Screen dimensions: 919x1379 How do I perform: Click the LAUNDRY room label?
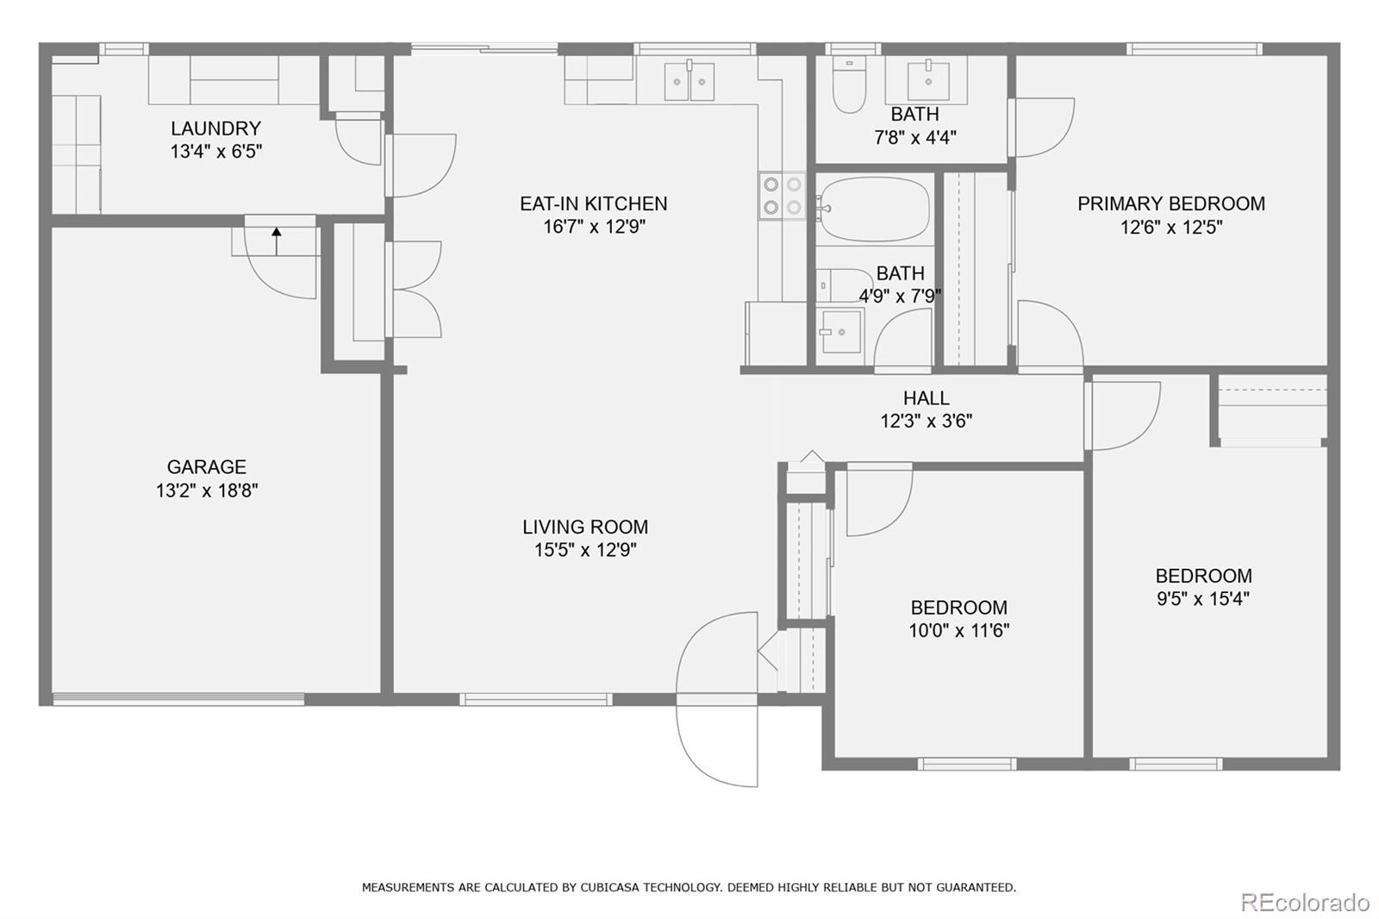click(215, 128)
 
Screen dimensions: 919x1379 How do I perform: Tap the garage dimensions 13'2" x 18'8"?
click(206, 491)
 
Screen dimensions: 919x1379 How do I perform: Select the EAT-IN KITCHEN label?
click(593, 203)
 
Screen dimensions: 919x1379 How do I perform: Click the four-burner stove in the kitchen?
click(781, 196)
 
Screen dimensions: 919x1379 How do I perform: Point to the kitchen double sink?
click(689, 81)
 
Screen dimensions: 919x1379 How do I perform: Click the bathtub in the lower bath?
click(874, 209)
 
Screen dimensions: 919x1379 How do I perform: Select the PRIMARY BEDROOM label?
click(1170, 203)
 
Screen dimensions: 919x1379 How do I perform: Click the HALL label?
click(926, 398)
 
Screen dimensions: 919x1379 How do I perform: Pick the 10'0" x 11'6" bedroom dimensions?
click(958, 630)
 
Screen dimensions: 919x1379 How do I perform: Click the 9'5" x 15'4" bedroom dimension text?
click(1202, 598)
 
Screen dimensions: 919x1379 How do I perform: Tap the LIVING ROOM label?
click(584, 527)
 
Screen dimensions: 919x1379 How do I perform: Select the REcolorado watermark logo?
click(1304, 902)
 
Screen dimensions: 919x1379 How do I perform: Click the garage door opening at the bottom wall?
click(178, 699)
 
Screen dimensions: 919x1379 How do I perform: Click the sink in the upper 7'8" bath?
click(927, 79)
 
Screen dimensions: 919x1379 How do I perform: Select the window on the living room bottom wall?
click(536, 699)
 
